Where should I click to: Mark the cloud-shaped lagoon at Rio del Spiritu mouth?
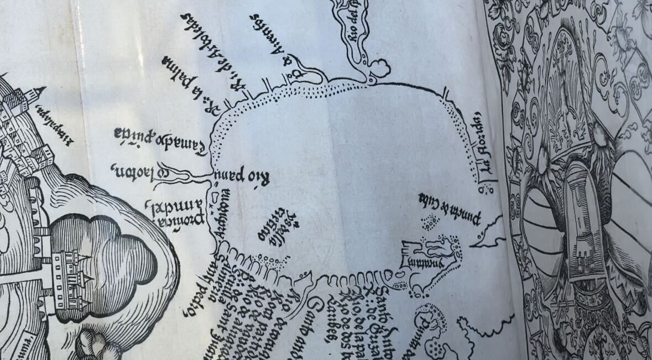(380, 68)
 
